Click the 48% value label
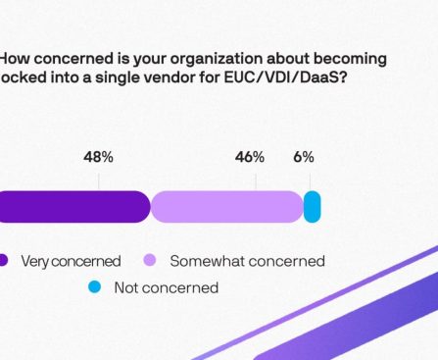[x=99, y=157]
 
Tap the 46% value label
[x=250, y=157]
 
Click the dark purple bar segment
[x=73, y=207]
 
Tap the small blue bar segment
[x=312, y=207]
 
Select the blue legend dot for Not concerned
[x=94, y=287]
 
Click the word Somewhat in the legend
[x=204, y=261]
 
